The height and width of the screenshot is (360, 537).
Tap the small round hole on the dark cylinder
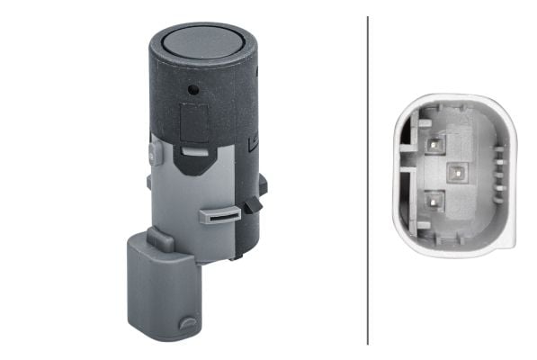tap(193, 90)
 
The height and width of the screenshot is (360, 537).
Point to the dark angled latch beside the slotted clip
tap(252, 205)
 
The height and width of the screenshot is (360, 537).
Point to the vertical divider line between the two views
tap(368, 180)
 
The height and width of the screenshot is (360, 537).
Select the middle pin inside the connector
tap(454, 171)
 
